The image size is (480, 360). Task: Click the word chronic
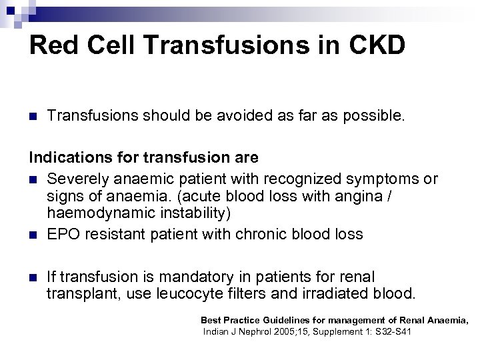click(x=265, y=234)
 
